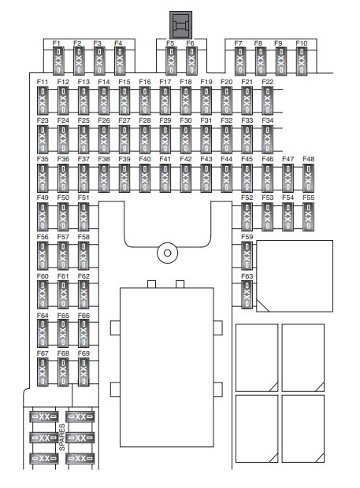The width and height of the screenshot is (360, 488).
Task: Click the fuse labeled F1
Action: point(58,61)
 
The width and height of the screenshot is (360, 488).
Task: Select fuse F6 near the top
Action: point(192,61)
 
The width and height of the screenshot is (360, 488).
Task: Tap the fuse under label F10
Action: point(302,61)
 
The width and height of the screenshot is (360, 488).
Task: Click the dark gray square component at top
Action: point(180,25)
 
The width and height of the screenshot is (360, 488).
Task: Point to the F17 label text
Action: point(165,82)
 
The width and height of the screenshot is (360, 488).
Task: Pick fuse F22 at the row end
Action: point(267,101)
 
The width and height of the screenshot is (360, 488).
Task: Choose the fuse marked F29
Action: point(165,139)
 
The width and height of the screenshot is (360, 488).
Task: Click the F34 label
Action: point(268,120)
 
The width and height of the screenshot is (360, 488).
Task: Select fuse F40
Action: point(144,178)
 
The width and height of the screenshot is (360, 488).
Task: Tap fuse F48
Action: point(308,178)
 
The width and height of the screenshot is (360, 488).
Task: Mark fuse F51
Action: point(84,217)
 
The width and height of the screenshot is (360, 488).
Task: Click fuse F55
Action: point(308,217)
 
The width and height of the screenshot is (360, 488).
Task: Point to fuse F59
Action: point(247,256)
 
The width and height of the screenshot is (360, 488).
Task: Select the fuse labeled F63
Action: point(247,294)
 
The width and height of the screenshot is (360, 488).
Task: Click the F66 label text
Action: point(84,316)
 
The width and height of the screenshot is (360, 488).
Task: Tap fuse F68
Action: point(63,372)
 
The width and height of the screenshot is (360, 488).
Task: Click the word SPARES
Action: point(62,437)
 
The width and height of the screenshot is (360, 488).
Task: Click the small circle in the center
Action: point(168,253)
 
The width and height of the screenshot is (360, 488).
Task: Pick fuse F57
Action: point(63,256)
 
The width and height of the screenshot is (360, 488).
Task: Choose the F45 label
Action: point(247,159)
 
